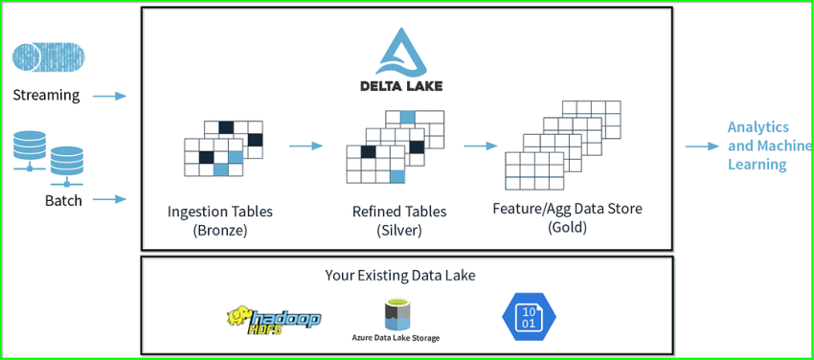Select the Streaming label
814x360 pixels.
pos(46,96)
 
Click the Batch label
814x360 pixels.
pos(63,200)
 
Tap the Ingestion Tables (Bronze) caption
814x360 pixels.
pos(220,219)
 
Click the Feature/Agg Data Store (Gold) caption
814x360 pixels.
pos(567,217)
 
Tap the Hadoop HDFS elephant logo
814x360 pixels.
pos(273,319)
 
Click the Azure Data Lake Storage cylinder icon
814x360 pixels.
pos(396,313)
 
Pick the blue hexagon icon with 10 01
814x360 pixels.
pos(529,317)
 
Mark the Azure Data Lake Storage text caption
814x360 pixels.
pos(396,338)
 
